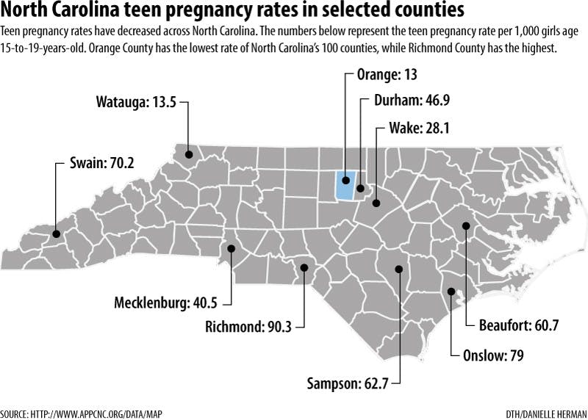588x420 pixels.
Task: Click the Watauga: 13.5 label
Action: click(x=135, y=102)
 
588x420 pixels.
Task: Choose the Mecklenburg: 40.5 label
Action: click(x=168, y=303)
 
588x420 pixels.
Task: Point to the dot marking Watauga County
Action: click(x=189, y=154)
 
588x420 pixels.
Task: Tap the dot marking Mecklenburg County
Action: click(x=231, y=249)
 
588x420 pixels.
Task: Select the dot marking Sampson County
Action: click(x=398, y=269)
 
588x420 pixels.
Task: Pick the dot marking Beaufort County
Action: click(x=466, y=225)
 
